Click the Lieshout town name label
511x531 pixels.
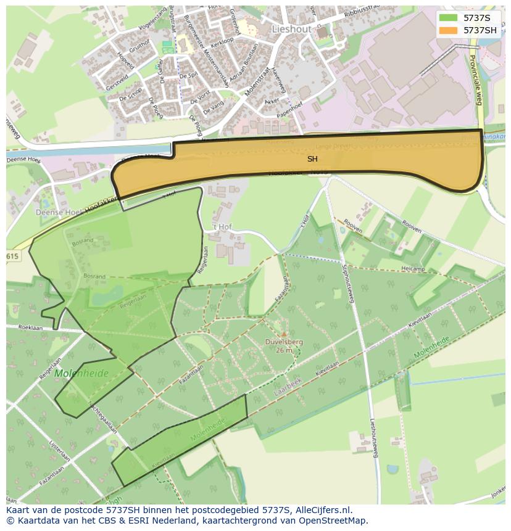tap(291, 29)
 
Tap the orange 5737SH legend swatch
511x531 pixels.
tap(449, 30)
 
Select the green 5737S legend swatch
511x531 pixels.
tap(449, 18)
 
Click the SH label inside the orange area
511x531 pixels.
tap(312, 159)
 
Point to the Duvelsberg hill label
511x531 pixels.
tap(284, 341)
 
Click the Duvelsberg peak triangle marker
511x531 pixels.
tap(284, 334)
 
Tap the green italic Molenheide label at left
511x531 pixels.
tap(81, 373)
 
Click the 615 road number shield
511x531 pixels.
tap(13, 256)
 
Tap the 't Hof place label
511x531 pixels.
tap(221, 226)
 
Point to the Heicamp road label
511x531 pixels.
tap(413, 269)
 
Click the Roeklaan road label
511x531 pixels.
tap(30, 328)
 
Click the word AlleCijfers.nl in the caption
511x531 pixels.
tap(321, 510)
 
